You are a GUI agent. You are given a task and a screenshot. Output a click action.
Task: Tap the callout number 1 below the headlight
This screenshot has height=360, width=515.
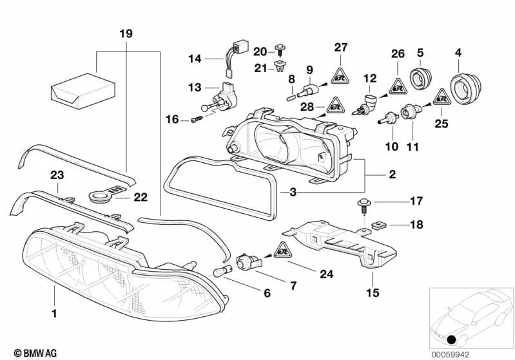pyautogui.click(x=55, y=314)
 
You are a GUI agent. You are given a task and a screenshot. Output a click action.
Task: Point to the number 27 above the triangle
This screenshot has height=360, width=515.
pyautogui.click(x=340, y=46)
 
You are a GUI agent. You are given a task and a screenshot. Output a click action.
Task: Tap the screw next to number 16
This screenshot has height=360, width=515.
pyautogui.click(x=197, y=119)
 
